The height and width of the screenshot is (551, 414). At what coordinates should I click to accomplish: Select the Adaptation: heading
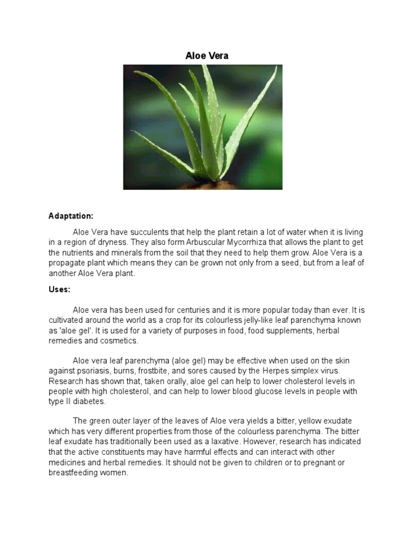click(71, 216)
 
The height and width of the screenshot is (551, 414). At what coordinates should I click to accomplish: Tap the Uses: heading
click(59, 289)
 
